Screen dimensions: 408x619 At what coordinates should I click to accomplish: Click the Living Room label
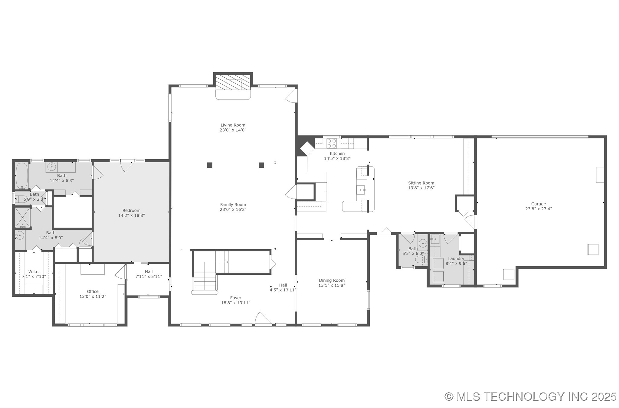233,125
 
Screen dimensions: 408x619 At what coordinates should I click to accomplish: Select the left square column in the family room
209,165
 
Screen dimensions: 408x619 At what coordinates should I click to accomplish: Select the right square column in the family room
261,165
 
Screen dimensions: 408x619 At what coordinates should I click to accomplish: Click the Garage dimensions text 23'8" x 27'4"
539,209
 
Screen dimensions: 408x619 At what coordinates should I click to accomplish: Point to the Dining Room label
332,280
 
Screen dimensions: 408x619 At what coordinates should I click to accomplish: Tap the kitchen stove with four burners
332,143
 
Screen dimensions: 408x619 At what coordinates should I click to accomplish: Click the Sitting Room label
421,183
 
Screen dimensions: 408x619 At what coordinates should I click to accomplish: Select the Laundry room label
456,258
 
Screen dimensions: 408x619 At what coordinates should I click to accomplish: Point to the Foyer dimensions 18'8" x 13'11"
236,303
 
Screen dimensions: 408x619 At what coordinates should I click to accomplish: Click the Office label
93,291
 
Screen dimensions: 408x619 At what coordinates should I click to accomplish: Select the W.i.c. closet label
34,271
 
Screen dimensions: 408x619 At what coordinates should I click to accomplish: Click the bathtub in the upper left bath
22,176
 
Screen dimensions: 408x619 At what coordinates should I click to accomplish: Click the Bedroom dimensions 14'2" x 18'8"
131,215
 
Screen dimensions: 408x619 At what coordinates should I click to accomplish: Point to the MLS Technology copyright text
530,396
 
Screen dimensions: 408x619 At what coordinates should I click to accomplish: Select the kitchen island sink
361,190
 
